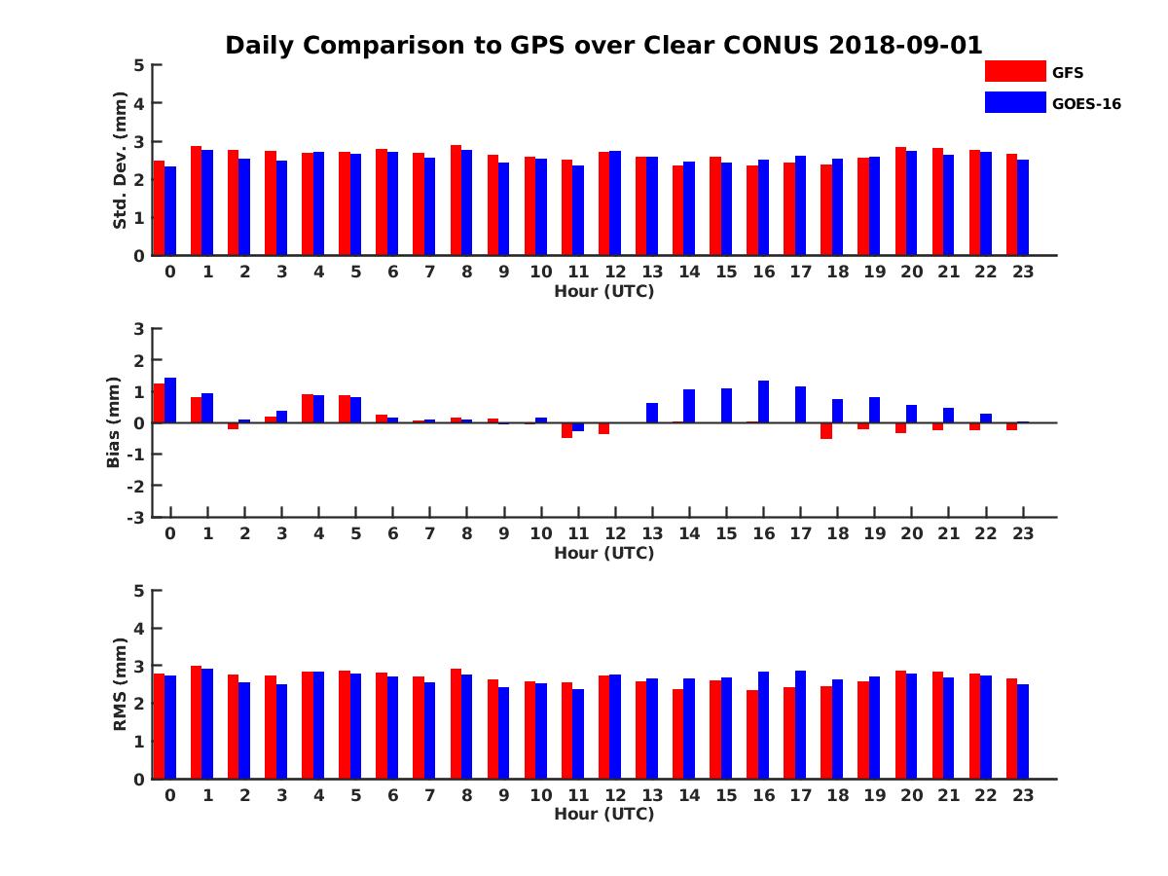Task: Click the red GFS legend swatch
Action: tap(1015, 71)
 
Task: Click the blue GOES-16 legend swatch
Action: tap(1015, 102)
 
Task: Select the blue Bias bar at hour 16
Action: tap(764, 401)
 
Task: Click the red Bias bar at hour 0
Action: tap(160, 403)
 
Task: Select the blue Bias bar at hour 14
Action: tap(689, 406)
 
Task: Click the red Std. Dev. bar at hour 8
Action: tap(456, 201)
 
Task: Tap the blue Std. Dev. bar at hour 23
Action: tap(1023, 207)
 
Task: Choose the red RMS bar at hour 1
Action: tap(197, 722)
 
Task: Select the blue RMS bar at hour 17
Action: tap(800, 724)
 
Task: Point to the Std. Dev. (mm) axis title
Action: tap(121, 161)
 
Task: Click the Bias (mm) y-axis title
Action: tap(113, 421)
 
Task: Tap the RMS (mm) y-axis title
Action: tap(121, 684)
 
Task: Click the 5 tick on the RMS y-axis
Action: tap(139, 590)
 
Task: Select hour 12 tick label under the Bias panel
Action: tap(615, 534)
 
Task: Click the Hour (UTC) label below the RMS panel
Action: tap(603, 814)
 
